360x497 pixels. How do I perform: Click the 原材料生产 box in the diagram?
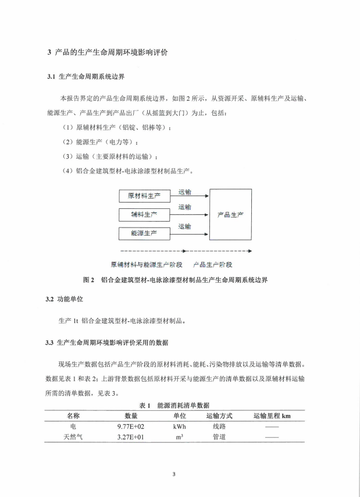[144, 196]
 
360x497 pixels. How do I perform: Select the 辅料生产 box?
[144, 215]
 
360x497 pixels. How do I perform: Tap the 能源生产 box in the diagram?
[144, 234]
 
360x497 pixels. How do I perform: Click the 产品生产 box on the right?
[230, 214]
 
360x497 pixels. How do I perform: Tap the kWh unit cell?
[179, 427]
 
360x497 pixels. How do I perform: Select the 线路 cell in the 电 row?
[219, 427]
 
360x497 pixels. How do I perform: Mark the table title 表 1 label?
[145, 405]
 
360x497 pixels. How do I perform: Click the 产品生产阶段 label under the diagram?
[215, 264]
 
